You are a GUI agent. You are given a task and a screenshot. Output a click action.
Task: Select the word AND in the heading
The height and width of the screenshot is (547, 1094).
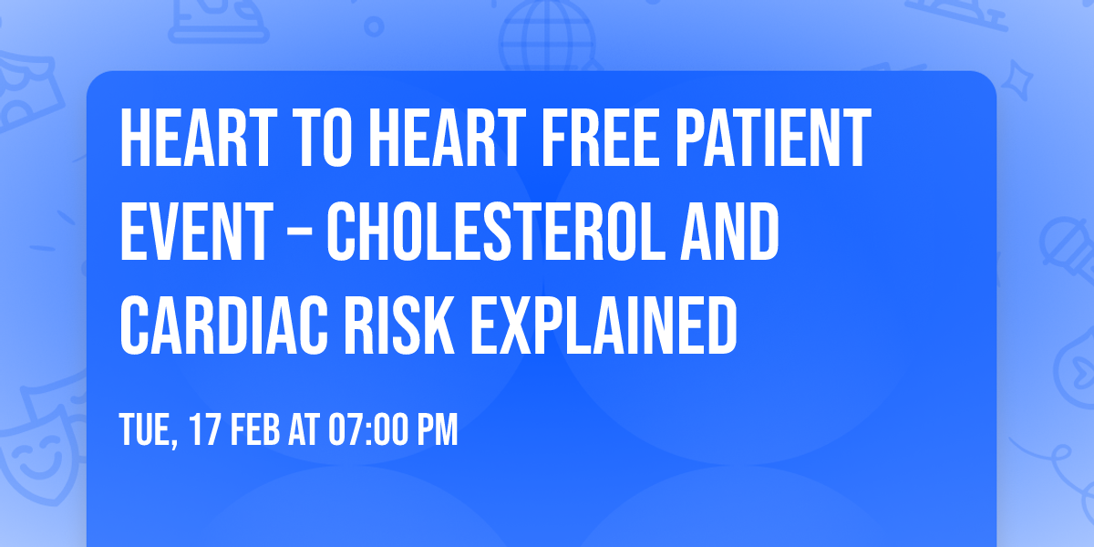point(729,232)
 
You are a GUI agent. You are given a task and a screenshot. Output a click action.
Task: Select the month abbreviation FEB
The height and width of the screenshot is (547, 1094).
point(254,429)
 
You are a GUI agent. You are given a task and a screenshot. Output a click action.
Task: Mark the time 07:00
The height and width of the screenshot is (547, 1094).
point(367,429)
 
